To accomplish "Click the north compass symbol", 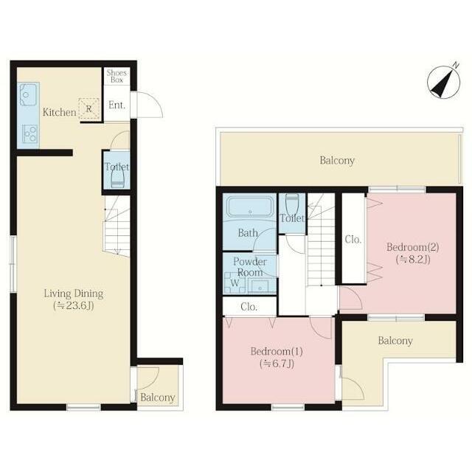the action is click(444, 82).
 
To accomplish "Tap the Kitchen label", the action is click(59, 112).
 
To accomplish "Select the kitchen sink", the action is click(28, 94).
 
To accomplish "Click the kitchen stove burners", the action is click(30, 133).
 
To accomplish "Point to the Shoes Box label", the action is click(117, 76).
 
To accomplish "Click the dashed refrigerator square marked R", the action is click(88, 108).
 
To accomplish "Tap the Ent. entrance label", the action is click(117, 105).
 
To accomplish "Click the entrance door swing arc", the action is click(150, 104).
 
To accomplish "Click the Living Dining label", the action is click(74, 294).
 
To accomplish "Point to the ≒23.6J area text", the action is click(74, 306).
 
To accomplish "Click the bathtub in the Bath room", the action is click(250, 206).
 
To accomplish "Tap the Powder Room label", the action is click(250, 267).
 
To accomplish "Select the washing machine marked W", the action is click(235, 282).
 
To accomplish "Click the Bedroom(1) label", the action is click(277, 351).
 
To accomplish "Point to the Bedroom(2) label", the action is click(413, 247).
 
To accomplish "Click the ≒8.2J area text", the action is click(413, 259).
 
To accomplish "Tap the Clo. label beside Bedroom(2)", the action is click(353, 240).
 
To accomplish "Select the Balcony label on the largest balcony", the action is click(337, 161).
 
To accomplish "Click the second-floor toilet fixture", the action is click(292, 203).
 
